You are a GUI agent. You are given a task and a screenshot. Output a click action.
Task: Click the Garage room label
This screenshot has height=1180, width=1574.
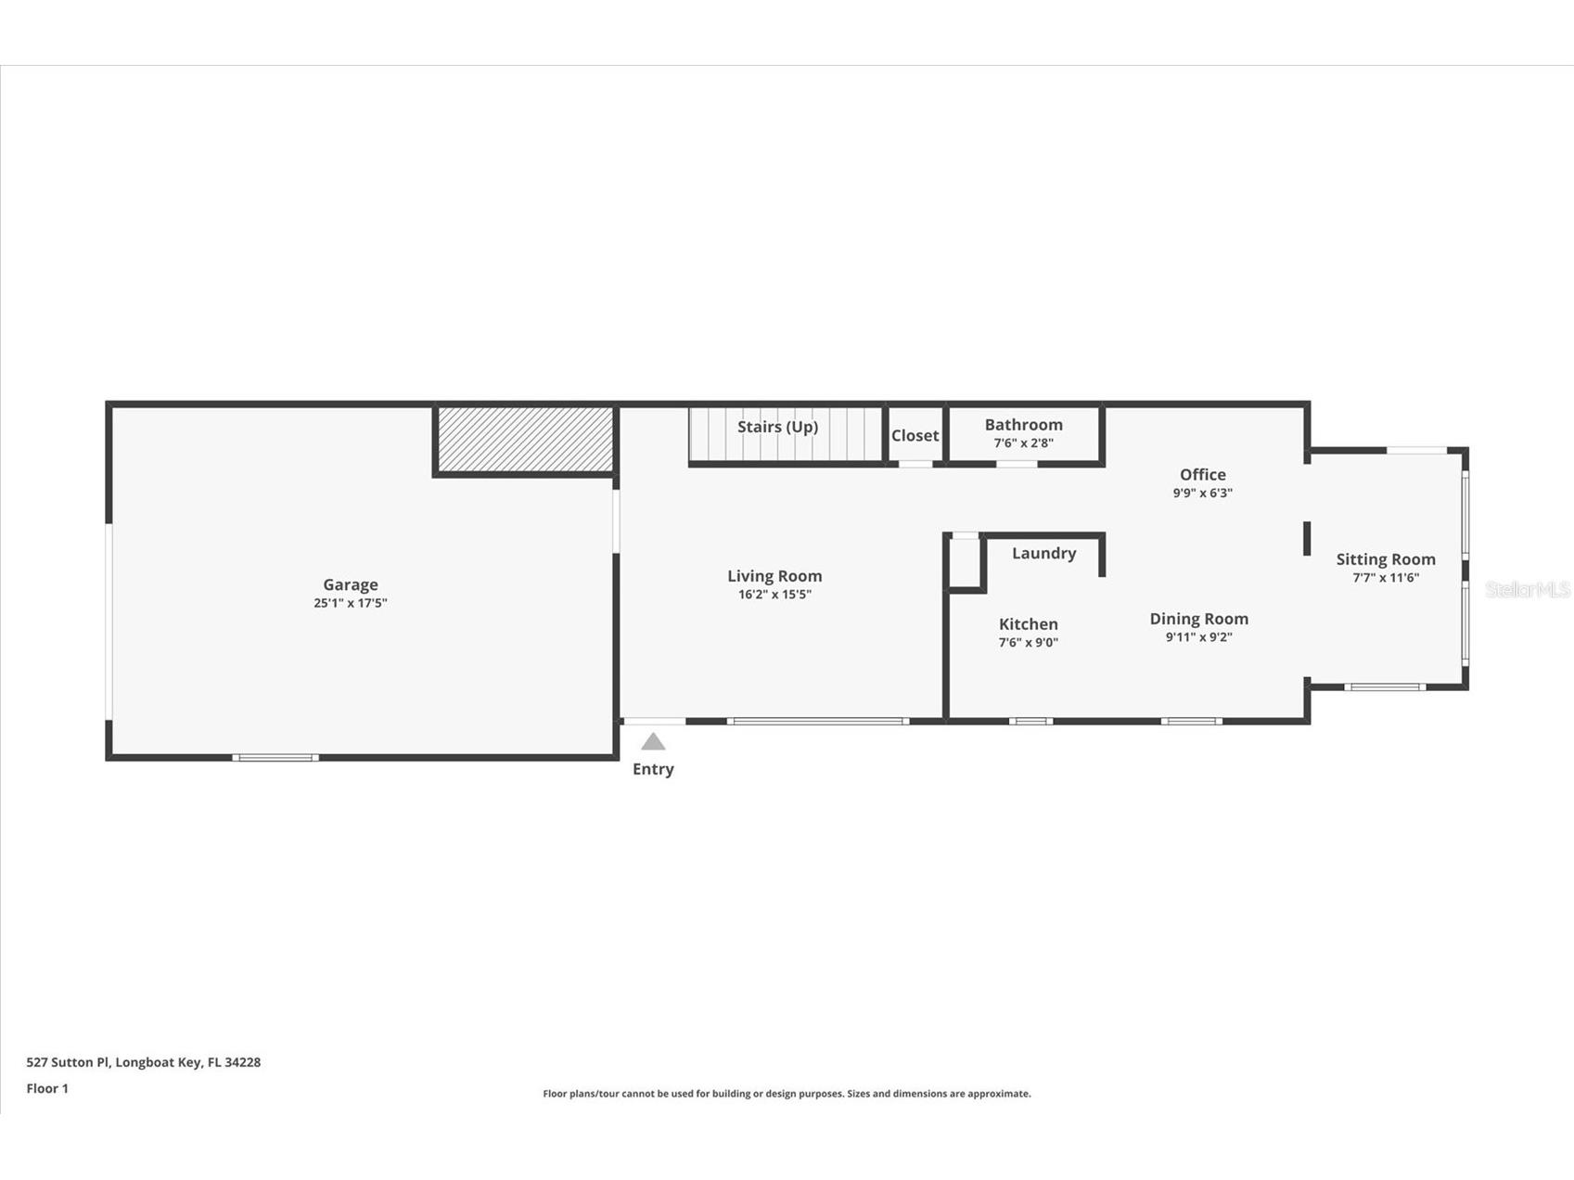tap(351, 584)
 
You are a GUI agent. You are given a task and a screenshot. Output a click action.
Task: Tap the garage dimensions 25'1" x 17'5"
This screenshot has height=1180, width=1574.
tap(351, 603)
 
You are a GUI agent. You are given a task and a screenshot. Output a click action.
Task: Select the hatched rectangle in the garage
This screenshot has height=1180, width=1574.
tap(525, 439)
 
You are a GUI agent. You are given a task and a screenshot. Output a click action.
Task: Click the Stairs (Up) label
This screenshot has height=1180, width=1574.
tap(777, 427)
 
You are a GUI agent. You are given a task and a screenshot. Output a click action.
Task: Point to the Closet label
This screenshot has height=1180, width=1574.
tap(915, 435)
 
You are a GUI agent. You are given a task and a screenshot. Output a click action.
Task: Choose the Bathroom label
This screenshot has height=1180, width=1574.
tap(1024, 425)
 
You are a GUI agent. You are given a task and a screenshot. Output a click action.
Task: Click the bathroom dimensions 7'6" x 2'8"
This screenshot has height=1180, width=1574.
tap(1024, 443)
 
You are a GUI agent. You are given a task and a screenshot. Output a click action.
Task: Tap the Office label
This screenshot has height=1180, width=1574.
tap(1203, 475)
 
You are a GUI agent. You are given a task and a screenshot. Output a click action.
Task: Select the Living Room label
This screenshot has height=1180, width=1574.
tap(774, 576)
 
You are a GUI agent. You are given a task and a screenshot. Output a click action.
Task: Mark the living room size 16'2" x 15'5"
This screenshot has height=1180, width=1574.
tap(774, 595)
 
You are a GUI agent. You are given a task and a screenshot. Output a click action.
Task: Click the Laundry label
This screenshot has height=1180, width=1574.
tap(1043, 553)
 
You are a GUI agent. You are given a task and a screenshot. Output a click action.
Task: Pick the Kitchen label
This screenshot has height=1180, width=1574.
tap(1028, 624)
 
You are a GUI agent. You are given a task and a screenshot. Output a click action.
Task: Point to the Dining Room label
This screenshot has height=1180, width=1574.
tap(1198, 619)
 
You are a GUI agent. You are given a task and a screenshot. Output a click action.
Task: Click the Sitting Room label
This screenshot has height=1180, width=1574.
tap(1386, 559)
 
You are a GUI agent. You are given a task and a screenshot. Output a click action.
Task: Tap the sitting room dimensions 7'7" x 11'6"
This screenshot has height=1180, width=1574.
tap(1386, 578)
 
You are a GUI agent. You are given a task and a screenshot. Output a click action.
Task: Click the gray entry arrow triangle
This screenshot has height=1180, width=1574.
tap(653, 742)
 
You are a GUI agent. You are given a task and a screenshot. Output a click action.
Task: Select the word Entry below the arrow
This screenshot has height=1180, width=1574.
tap(653, 769)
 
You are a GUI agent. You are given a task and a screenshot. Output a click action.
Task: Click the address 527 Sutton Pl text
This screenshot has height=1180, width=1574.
tap(144, 1062)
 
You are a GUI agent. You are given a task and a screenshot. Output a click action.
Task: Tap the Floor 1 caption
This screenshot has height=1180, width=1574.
tap(47, 1089)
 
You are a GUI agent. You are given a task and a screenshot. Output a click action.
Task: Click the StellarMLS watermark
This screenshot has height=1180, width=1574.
tap(1527, 590)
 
